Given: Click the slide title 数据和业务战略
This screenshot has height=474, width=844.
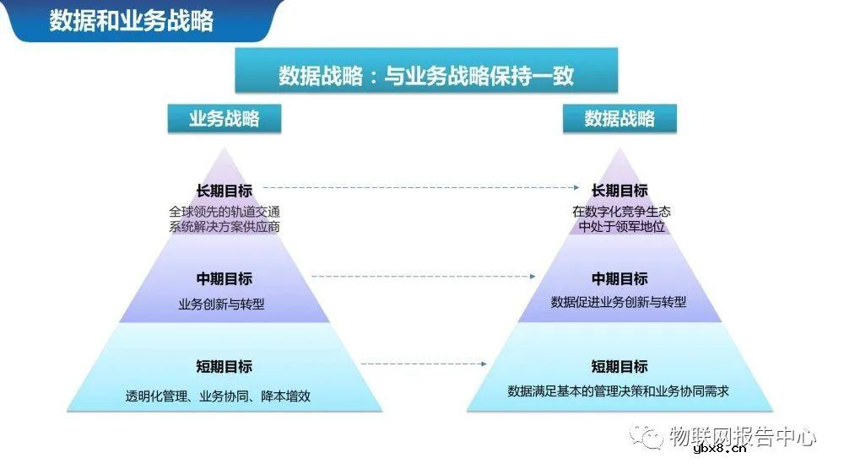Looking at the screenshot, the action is click(131, 20).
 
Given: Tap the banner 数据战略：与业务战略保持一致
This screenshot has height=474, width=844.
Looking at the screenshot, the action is click(426, 75).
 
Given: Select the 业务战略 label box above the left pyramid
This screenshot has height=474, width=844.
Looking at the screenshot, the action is click(224, 119).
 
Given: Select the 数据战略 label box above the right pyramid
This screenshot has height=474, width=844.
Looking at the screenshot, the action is click(619, 119).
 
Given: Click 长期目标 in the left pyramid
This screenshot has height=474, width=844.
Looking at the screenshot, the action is click(224, 191).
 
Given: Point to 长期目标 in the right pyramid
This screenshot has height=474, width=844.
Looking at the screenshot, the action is click(619, 191).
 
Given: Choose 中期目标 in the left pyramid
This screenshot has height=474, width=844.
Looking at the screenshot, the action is click(224, 279).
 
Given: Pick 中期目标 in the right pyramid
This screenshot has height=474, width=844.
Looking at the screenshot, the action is click(619, 279).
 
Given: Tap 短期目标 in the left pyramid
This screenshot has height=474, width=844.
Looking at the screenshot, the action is click(224, 367).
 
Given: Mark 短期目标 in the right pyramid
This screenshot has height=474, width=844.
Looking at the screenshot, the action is click(619, 367).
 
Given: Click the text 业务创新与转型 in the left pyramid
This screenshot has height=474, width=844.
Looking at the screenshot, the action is click(221, 304).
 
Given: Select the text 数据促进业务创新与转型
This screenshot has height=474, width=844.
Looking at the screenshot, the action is click(619, 302).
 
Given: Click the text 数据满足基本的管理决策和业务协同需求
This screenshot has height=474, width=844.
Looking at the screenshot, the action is click(619, 391).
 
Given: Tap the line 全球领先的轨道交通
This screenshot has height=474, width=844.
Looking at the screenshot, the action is click(224, 212).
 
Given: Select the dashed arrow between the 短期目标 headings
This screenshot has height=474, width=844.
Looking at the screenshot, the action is click(424, 364).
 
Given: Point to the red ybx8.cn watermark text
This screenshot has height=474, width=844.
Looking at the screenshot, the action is click(719, 449).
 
